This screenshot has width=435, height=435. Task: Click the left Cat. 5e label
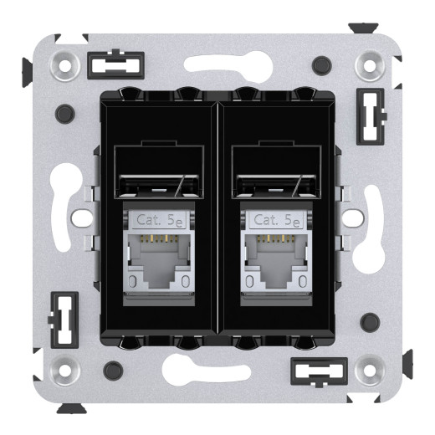[x=158, y=221]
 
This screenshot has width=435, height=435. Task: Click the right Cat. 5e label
[x=276, y=221]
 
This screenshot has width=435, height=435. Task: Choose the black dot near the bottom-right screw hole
[x=368, y=320]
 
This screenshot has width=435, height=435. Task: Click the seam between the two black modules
[x=217, y=217]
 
